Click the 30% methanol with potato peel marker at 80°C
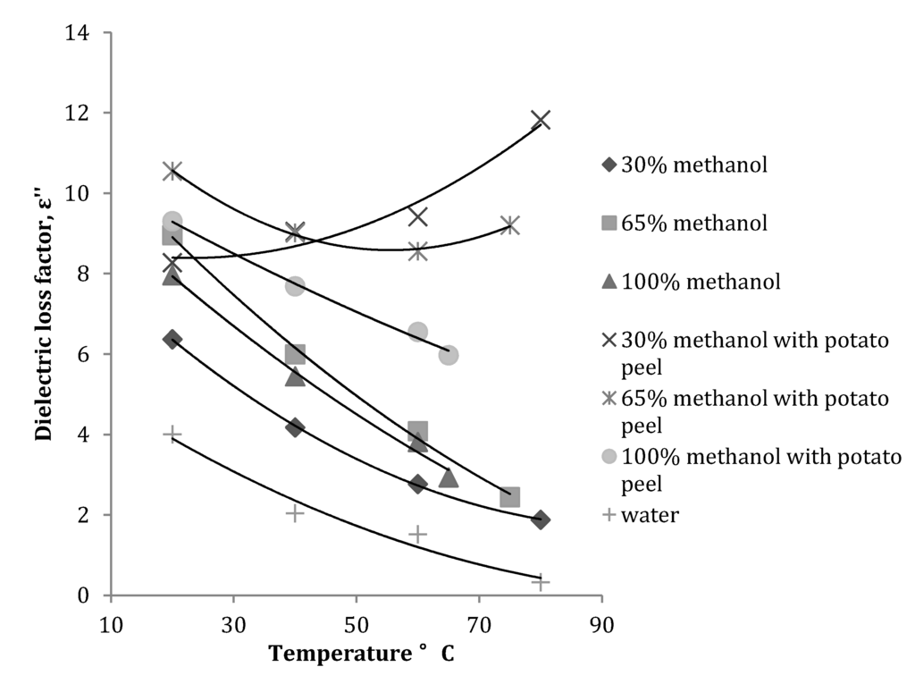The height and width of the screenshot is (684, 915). click(x=541, y=120)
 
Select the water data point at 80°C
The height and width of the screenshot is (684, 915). click(x=541, y=581)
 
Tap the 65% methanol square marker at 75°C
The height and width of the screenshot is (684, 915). click(x=510, y=497)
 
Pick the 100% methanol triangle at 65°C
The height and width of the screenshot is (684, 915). click(x=449, y=478)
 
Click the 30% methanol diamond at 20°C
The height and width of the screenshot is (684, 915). click(x=172, y=339)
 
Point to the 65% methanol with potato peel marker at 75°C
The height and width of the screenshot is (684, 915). click(x=510, y=224)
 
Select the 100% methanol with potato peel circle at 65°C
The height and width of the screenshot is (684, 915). click(x=449, y=355)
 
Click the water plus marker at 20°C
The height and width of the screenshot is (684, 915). click(x=172, y=435)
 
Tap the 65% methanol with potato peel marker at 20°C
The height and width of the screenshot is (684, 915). click(x=172, y=171)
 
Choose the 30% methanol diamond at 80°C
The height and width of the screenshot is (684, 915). click(x=541, y=519)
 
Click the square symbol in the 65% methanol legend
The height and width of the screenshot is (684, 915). click(x=609, y=223)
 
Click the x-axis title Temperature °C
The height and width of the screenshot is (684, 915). click(x=362, y=654)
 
